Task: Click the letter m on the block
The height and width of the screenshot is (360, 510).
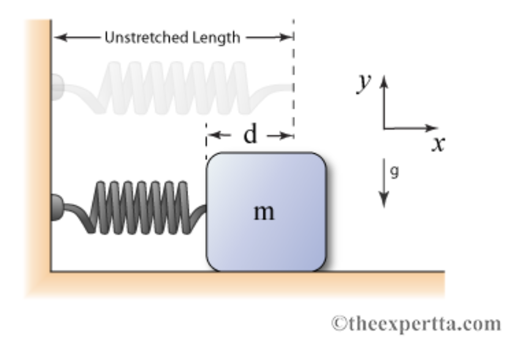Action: (x=265, y=212)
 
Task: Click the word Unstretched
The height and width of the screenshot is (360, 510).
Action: (x=141, y=38)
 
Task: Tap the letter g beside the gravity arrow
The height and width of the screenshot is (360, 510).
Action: (x=395, y=171)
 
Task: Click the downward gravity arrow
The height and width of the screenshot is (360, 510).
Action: (x=384, y=183)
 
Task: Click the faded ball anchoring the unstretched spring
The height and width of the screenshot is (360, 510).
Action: (x=57, y=85)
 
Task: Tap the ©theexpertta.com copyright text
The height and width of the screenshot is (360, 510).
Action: (x=415, y=323)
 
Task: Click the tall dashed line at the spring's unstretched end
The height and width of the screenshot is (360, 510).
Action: (x=294, y=82)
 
